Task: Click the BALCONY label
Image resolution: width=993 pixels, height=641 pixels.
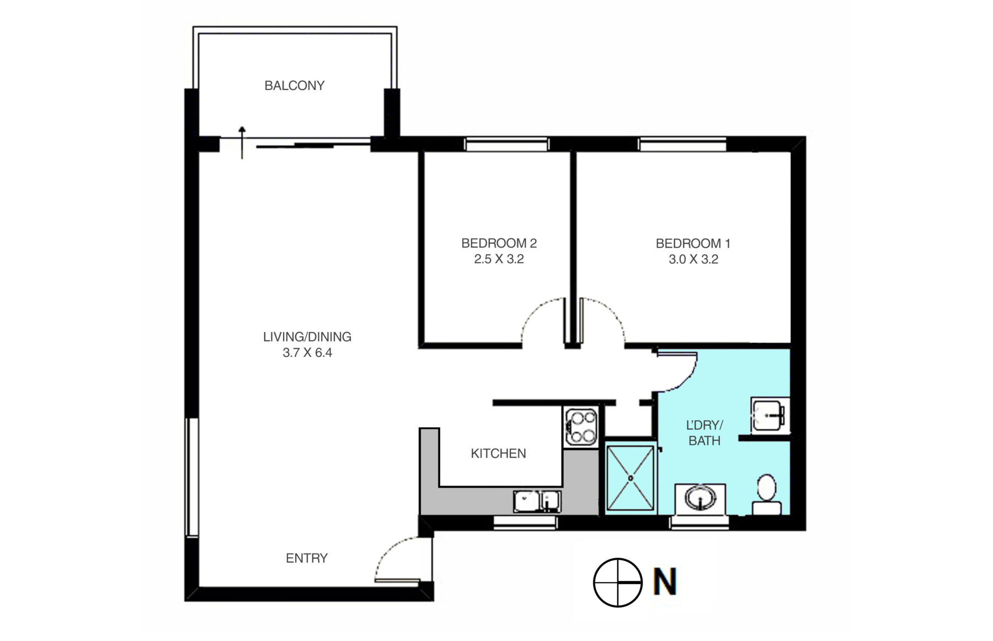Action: pos(294,86)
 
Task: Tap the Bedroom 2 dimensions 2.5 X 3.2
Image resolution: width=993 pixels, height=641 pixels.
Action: pos(499,259)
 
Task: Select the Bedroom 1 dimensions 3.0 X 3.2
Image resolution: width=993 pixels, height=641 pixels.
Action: pos(693,259)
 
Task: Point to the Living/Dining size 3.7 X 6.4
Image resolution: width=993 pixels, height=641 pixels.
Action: pos(307,352)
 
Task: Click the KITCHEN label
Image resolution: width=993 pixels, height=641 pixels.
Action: pos(498,453)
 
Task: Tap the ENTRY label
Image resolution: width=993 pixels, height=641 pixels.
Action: pos(307,558)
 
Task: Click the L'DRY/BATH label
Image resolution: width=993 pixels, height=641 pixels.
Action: pos(704,433)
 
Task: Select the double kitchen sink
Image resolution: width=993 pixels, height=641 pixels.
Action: pos(537,501)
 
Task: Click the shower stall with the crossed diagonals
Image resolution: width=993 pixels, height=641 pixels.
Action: pos(631,478)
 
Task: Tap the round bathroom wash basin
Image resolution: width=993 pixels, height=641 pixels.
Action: pos(701,498)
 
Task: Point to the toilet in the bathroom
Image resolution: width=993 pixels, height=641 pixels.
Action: pos(767,494)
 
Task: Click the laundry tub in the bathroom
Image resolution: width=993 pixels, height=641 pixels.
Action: pos(770,415)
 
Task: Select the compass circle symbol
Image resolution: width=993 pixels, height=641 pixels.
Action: pos(618,583)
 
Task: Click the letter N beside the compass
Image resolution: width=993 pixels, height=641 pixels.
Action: pos(665,582)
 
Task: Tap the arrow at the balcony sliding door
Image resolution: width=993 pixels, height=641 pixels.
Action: pos(242,142)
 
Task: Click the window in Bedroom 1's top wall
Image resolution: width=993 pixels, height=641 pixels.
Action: pos(682,145)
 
